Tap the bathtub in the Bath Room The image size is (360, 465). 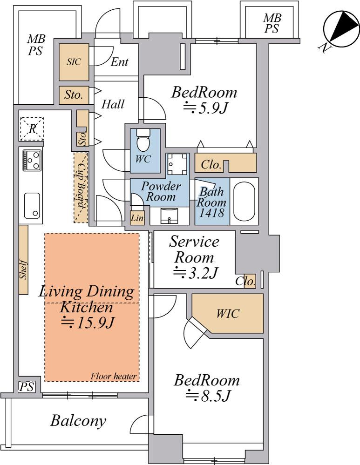tap(244, 201)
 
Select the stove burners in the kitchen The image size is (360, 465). tap(32, 160)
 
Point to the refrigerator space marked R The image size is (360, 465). tap(32, 129)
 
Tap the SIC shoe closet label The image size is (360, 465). tap(74, 62)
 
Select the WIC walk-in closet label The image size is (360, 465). tap(228, 313)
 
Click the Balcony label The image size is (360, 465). tap(78, 420)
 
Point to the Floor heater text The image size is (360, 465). tap(114, 377)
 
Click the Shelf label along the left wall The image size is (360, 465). tap(23, 270)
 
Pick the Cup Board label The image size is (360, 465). tap(81, 186)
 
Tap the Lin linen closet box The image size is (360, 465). tap(137, 218)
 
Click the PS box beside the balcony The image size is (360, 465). tap(27, 386)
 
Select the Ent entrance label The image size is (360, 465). tap(120, 62)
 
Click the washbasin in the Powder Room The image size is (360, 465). tap(169, 216)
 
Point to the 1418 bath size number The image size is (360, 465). tap(211, 212)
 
